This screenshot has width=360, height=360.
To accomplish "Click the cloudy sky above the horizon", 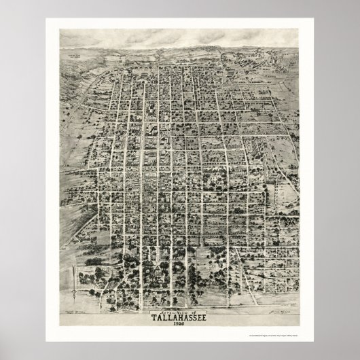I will (180, 37).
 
